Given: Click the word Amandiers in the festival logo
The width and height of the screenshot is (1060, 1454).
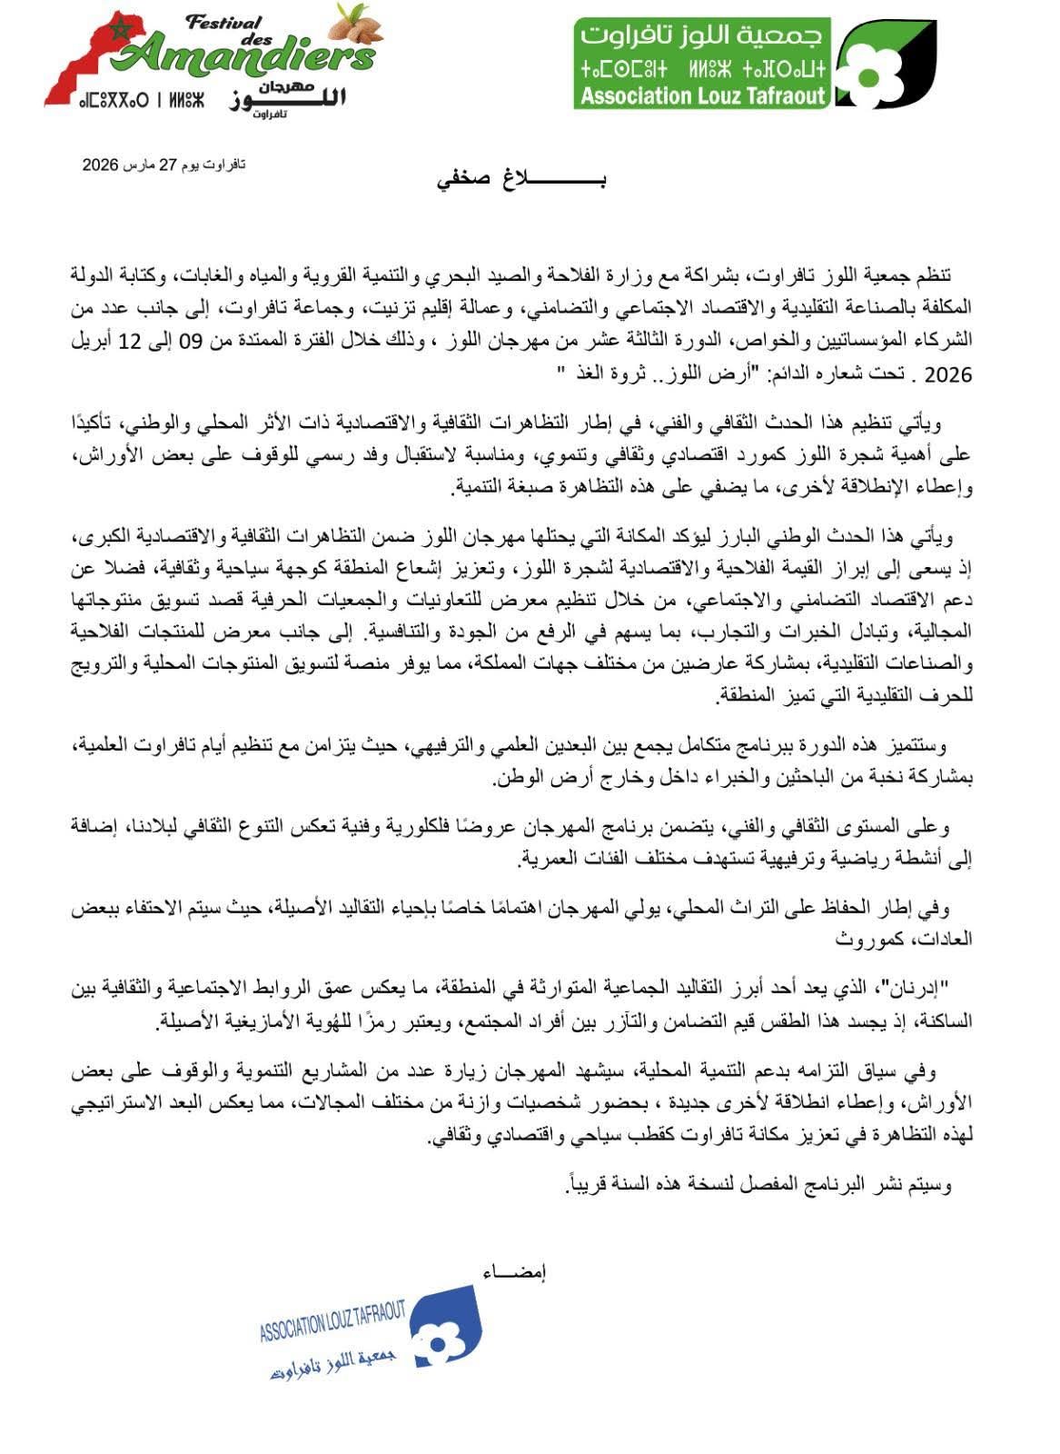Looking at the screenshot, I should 250,56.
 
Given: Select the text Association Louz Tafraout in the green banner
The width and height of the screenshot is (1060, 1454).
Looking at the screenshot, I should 702,95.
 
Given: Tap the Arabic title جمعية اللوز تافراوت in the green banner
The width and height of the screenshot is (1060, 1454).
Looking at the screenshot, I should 702,35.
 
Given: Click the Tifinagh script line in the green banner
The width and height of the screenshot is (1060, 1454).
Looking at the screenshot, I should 702,67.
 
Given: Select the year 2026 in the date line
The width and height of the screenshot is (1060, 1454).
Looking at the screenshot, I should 101,164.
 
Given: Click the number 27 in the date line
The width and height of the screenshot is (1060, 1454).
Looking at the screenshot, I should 167,164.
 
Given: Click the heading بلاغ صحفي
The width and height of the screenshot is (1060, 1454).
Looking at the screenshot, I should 521,179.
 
